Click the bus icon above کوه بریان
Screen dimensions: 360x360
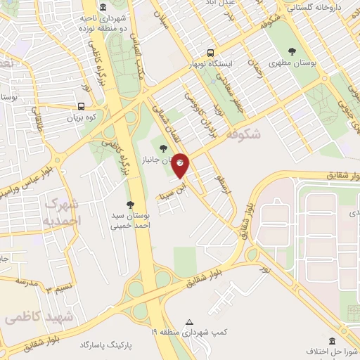(82, 107)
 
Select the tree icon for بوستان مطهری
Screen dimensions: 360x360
(292, 51)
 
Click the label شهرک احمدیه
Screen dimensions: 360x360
(63, 212)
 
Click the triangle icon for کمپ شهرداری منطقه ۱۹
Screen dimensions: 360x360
(188, 323)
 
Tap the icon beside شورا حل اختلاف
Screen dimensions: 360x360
(311, 350)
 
